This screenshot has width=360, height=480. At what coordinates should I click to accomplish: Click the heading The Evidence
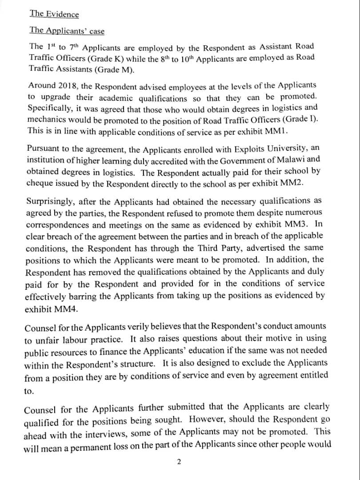(54, 13)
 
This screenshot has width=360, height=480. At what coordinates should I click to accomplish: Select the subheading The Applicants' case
(67, 30)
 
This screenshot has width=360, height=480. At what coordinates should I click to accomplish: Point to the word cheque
(40, 183)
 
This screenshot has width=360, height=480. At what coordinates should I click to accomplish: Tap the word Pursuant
(43, 148)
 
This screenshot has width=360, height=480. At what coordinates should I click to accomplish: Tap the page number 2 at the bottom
(179, 462)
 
